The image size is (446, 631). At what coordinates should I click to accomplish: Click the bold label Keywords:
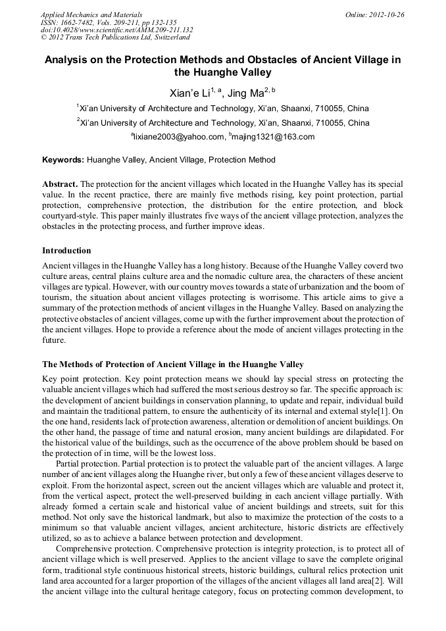click(63, 160)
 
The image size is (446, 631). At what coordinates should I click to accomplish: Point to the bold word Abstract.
click(60, 184)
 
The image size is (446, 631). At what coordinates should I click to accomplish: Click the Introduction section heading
click(66, 251)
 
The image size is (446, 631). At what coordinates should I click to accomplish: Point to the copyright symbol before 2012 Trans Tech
click(43, 38)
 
